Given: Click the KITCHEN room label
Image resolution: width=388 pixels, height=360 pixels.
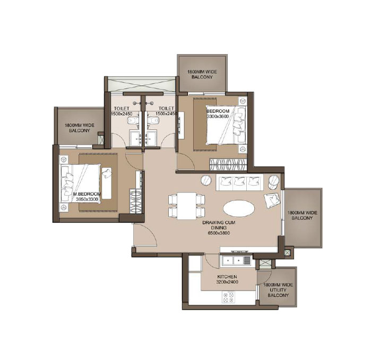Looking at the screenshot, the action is pyautogui.click(x=227, y=277).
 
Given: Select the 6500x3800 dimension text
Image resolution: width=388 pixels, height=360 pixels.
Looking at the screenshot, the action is pyautogui.click(x=219, y=233).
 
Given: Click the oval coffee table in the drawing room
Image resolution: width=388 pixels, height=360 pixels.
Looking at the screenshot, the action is pyautogui.click(x=238, y=208).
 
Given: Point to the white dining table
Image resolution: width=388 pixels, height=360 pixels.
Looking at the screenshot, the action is pyautogui.click(x=187, y=206).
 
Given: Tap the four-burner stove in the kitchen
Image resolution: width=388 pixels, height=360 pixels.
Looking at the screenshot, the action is pyautogui.click(x=228, y=297).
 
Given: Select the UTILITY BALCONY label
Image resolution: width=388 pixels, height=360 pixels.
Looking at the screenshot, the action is pyautogui.click(x=278, y=293).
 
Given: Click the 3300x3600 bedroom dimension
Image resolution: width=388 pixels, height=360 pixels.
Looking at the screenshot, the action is pyautogui.click(x=218, y=116).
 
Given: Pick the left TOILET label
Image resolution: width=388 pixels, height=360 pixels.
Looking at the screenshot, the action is pyautogui.click(x=122, y=108).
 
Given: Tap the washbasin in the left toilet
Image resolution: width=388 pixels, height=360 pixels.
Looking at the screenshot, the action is pyautogui.click(x=135, y=138).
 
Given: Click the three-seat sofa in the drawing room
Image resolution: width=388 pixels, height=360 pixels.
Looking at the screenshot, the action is pyautogui.click(x=239, y=182).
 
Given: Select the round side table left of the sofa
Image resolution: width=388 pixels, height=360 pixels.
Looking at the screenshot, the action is pyautogui.click(x=206, y=180).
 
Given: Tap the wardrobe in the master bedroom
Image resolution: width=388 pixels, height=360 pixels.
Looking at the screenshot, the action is pyautogui.click(x=135, y=201).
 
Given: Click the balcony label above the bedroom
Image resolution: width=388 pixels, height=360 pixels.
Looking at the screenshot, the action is pyautogui.click(x=202, y=74).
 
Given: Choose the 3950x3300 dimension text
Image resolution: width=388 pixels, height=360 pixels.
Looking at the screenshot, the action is pyautogui.click(x=87, y=199).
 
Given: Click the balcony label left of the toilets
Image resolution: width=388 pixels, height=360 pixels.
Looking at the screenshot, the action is pyautogui.click(x=79, y=128).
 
